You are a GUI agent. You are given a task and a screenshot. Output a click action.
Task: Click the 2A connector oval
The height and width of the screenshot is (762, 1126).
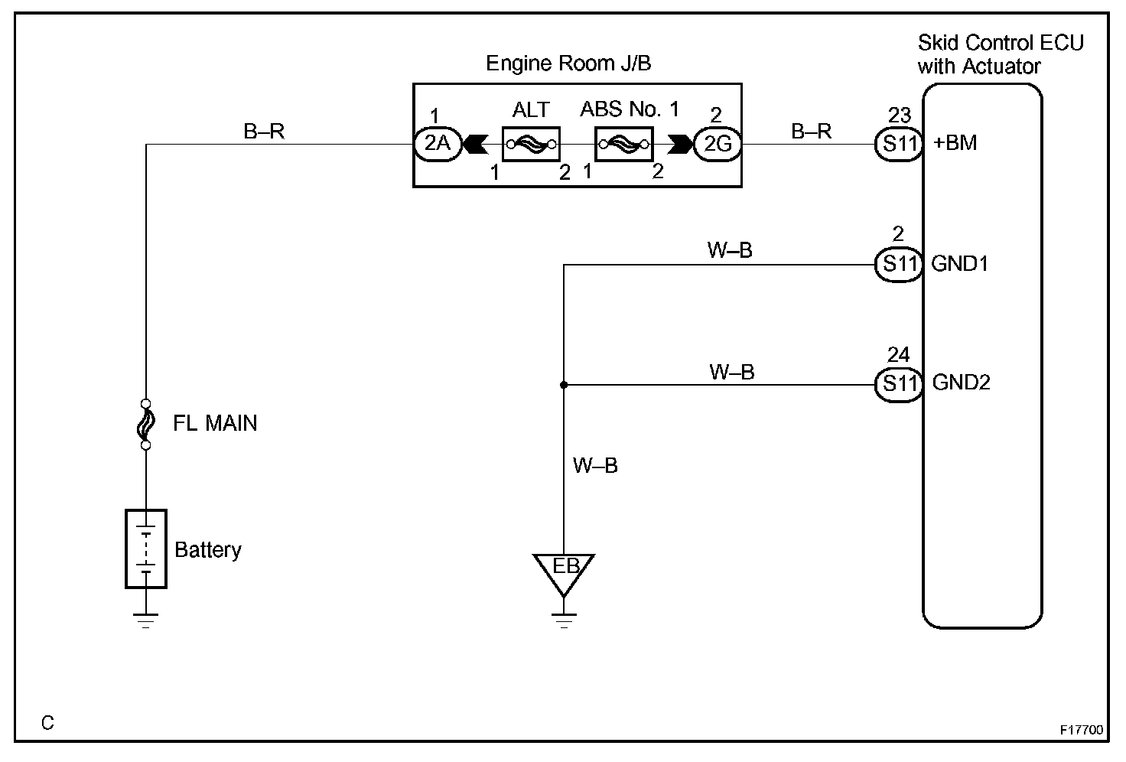point(438,144)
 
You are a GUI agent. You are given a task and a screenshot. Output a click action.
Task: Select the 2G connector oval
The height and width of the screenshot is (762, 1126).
point(717,144)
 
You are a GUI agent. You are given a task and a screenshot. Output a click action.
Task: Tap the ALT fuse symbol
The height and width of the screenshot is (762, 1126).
point(531,144)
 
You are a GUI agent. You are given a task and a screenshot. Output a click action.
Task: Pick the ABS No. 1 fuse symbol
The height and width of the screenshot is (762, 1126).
point(623,144)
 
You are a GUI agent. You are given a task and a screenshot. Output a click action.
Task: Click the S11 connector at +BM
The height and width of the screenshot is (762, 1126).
point(899,144)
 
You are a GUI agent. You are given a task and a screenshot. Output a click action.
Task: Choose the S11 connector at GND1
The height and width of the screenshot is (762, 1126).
point(899,265)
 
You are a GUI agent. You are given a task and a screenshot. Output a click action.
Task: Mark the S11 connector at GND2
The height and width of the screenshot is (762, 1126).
point(899,384)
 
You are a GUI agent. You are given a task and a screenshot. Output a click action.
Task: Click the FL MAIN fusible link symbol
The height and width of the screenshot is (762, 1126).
point(145,423)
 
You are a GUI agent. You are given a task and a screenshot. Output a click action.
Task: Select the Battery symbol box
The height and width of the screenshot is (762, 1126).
point(145,549)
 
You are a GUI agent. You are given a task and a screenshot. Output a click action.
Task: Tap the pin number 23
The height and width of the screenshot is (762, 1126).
point(900,116)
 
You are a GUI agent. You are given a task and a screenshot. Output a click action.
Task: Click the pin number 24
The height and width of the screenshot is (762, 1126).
point(899,355)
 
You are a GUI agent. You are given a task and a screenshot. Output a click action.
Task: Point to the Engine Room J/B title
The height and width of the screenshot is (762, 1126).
point(568,63)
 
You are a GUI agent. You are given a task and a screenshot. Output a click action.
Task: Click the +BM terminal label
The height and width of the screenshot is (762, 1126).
point(955,143)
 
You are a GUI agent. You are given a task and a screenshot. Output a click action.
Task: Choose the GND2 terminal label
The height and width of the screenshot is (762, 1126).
point(961,383)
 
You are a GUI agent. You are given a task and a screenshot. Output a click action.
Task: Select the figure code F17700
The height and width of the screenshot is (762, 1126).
point(1082,730)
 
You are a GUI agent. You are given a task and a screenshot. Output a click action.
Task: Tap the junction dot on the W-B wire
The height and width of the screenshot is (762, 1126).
point(564,385)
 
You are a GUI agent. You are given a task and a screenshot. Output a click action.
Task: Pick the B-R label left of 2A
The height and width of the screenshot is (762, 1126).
point(264,132)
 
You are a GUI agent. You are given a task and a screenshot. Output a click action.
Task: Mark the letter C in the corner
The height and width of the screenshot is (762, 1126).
point(48,723)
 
